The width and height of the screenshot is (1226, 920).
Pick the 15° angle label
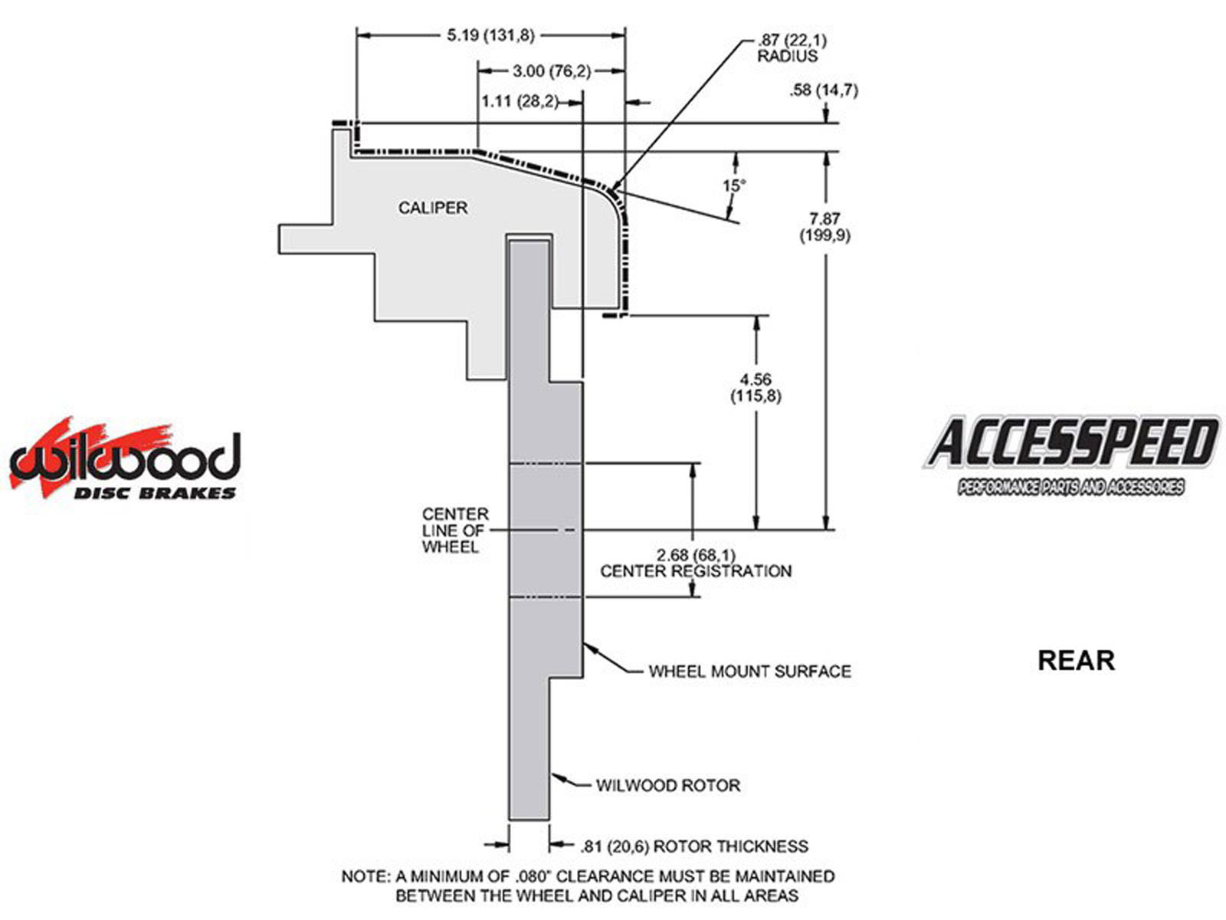coord(733,186)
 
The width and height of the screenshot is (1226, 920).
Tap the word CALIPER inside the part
coord(432,208)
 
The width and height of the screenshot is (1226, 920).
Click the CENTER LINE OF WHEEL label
coord(455,531)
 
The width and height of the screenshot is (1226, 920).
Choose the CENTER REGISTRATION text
coord(696,571)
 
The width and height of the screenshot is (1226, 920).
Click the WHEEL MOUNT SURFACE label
coord(749,672)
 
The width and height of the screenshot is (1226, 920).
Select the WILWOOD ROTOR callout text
coord(668,786)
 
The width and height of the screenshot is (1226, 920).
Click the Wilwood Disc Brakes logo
coord(125,460)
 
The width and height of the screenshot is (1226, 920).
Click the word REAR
coord(1076,660)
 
